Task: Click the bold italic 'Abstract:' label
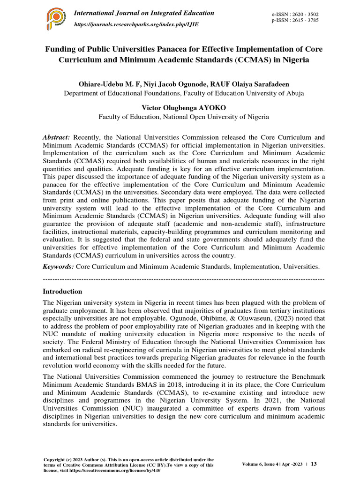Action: (x=56, y=137)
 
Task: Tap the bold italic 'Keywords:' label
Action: (x=59, y=266)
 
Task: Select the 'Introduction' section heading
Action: (x=62, y=291)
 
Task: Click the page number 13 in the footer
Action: (x=314, y=464)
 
